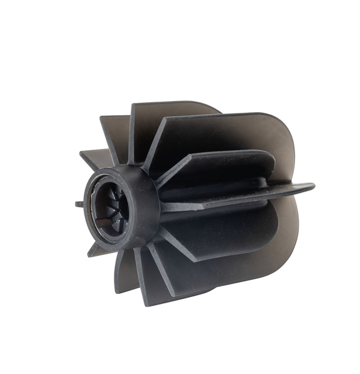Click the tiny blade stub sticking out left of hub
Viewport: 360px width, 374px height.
click(78, 204)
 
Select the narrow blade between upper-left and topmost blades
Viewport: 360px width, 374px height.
click(115, 131)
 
